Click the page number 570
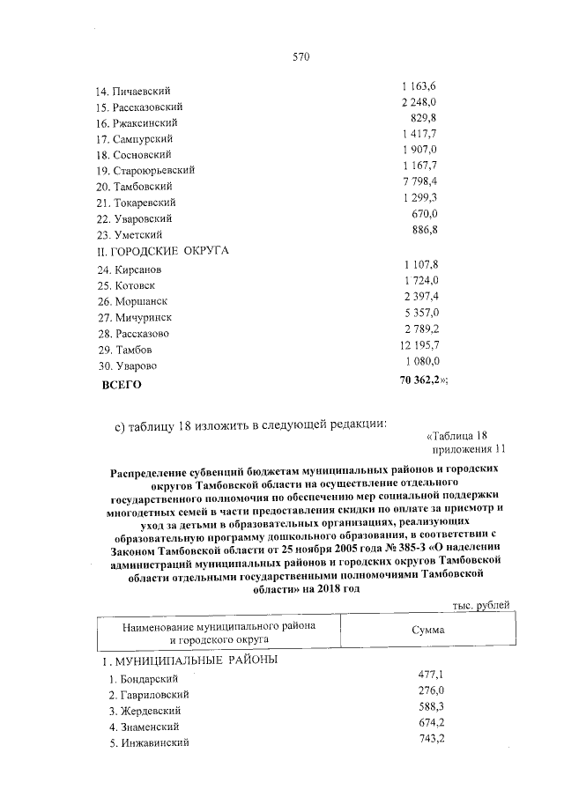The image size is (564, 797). (x=301, y=58)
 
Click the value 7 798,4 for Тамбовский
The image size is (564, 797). (x=419, y=181)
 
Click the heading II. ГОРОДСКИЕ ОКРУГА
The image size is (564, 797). (x=161, y=250)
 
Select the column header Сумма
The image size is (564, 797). (x=428, y=631)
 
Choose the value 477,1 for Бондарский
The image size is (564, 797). (x=431, y=674)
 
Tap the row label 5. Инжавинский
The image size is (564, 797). (x=146, y=742)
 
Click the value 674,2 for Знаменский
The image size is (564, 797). (x=431, y=722)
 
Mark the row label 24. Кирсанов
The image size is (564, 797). (x=130, y=269)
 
